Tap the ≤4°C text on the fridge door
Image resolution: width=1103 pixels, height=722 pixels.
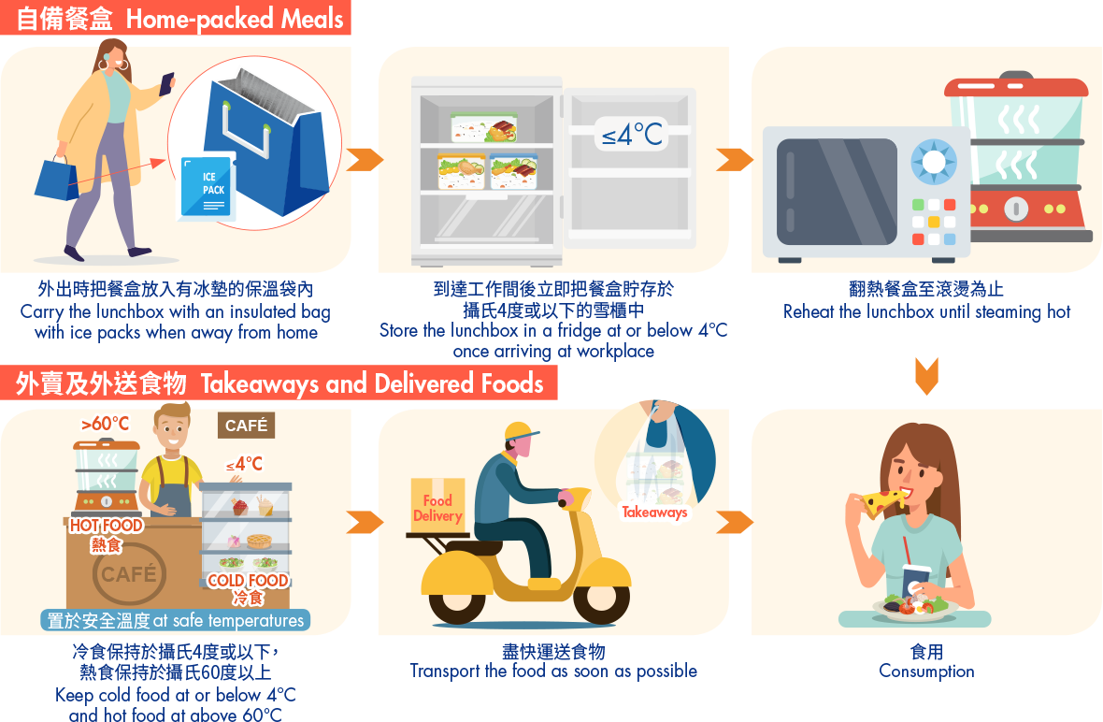click(x=632, y=135)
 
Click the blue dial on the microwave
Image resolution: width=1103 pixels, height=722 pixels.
click(x=933, y=162)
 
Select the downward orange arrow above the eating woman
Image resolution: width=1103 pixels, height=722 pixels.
click(x=926, y=376)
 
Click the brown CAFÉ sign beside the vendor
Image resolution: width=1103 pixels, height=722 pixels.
click(x=246, y=426)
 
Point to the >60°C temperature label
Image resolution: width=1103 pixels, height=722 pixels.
click(x=105, y=425)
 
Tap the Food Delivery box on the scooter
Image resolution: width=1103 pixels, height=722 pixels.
click(x=437, y=508)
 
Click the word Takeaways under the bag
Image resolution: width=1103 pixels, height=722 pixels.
click(x=654, y=513)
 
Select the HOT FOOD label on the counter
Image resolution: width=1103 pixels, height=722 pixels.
click(x=106, y=526)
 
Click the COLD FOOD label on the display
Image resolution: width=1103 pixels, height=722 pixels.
click(x=248, y=581)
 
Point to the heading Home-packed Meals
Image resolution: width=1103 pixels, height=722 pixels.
click(x=235, y=19)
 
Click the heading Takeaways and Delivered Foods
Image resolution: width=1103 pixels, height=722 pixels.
click(x=372, y=383)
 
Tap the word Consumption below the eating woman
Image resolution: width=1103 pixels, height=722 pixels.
click(x=926, y=671)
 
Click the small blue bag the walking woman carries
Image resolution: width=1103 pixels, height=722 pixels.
click(x=58, y=179)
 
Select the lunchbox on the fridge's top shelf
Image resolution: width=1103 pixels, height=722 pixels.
click(x=483, y=127)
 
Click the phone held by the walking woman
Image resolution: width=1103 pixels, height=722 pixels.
click(x=166, y=83)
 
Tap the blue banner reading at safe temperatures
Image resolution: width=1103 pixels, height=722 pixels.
click(x=175, y=620)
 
